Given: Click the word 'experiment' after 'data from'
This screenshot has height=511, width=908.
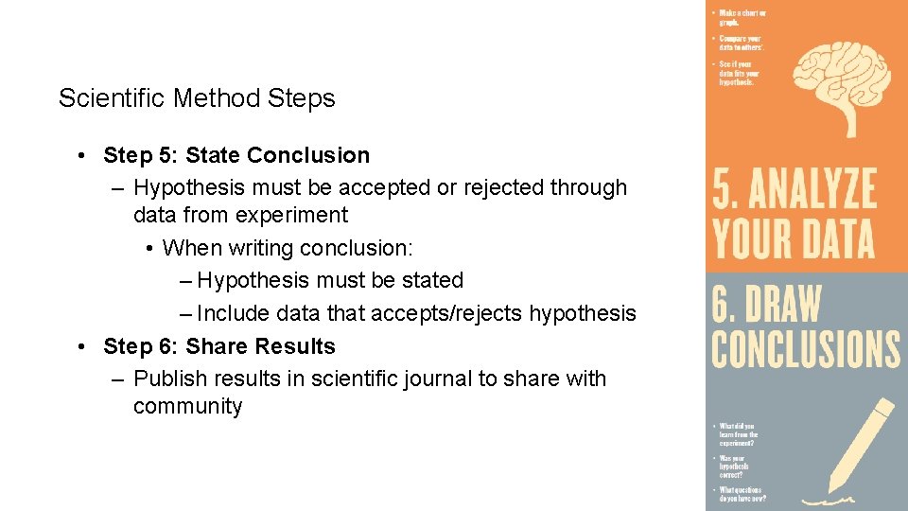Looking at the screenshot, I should [291, 215].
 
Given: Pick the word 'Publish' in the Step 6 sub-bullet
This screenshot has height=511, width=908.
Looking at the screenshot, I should [169, 379].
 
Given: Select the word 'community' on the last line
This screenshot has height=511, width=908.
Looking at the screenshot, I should [187, 406].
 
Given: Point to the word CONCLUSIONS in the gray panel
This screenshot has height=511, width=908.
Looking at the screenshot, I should [805, 347].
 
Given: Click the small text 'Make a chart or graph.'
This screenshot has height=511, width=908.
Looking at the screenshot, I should [742, 17].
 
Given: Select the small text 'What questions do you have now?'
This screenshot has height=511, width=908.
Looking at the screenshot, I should [742, 494].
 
